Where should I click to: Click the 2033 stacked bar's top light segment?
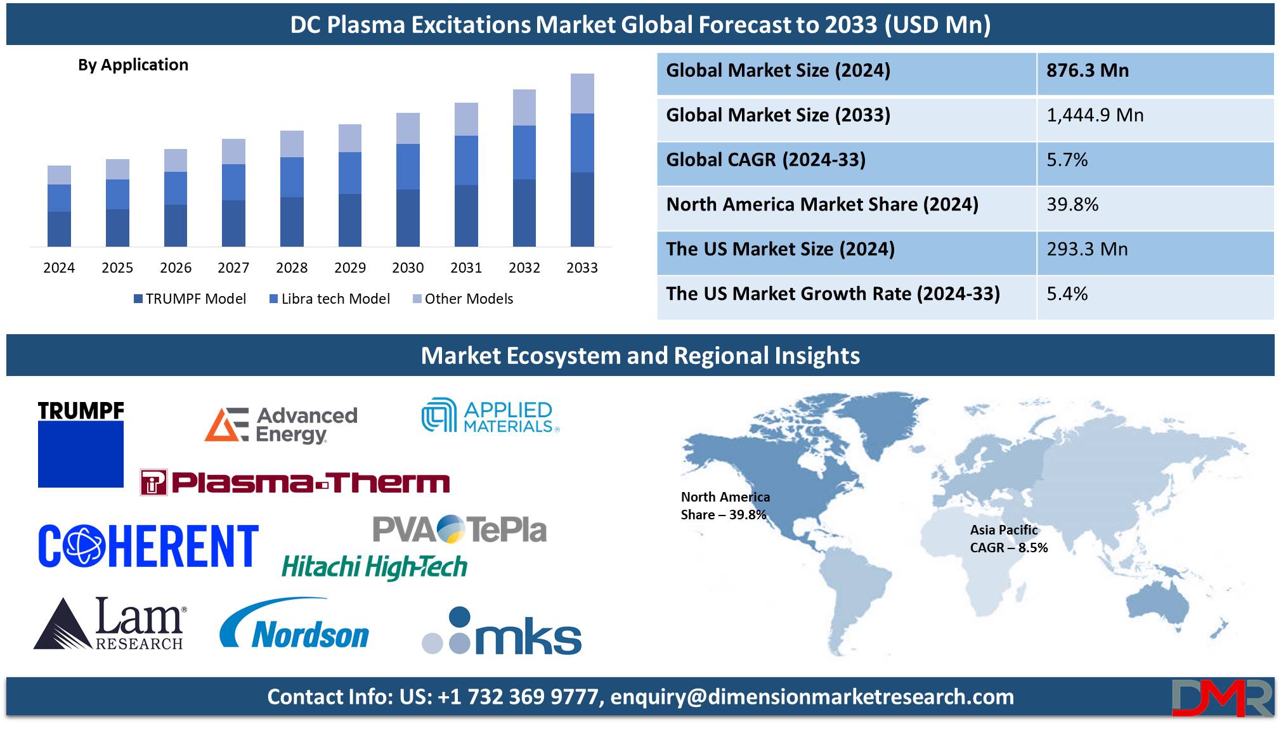(582, 94)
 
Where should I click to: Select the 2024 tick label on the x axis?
(59, 268)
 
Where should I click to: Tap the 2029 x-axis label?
(350, 268)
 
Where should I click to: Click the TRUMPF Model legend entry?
(190, 299)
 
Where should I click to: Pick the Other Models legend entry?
(463, 299)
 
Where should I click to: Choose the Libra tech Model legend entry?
(330, 299)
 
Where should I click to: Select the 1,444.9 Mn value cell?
(1095, 115)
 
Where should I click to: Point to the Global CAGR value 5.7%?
(1067, 160)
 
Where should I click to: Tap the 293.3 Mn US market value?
(1088, 249)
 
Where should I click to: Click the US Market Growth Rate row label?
(833, 294)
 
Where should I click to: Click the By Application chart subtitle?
(133, 65)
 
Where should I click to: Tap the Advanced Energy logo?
(281, 424)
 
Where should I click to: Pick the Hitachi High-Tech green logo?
(374, 567)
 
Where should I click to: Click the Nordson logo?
(294, 624)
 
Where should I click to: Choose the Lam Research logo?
(110, 623)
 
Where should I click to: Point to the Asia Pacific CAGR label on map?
(1009, 539)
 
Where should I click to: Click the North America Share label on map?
(725, 506)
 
